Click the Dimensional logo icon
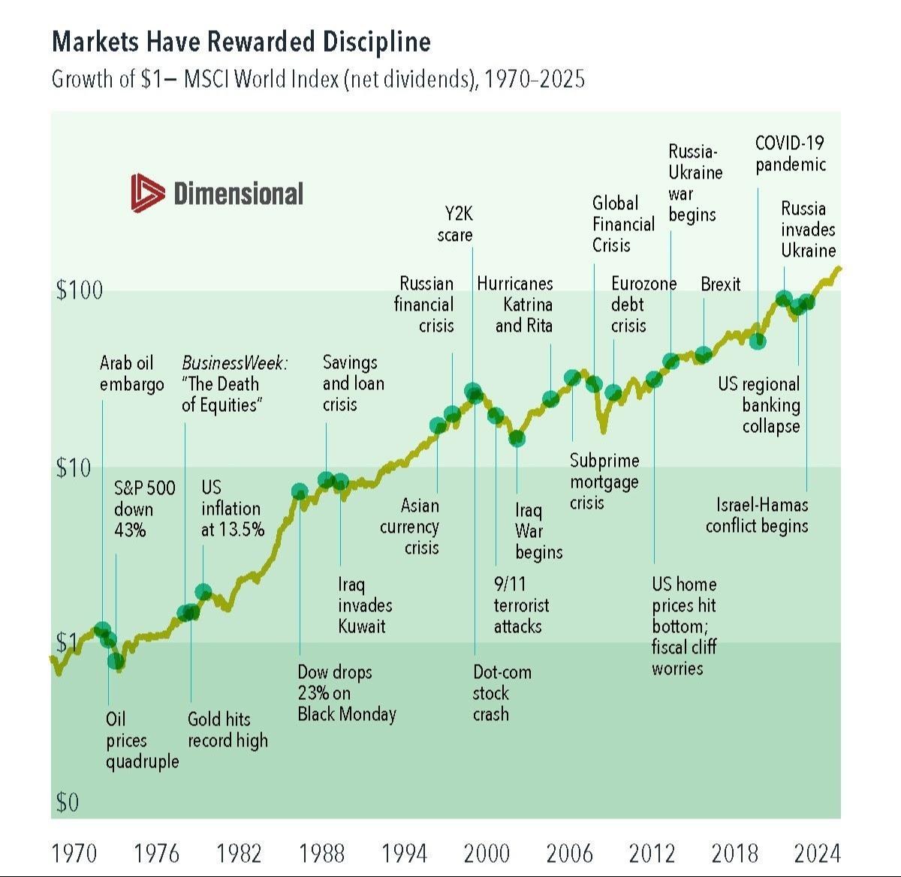147,193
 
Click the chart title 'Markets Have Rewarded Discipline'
241,41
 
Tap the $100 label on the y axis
79,290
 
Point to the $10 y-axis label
73,468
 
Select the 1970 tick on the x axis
74,853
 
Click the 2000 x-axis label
487,853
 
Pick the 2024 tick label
817,853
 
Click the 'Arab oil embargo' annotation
131,374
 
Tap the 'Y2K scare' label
455,224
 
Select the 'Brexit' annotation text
720,284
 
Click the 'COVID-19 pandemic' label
791,154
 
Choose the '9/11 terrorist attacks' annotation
520,605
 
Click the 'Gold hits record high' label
228,730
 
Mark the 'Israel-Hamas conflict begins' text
757,515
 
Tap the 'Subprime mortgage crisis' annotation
604,482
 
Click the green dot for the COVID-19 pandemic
758,341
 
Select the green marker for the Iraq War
517,438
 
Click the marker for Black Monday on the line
300,492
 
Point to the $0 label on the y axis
67,803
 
